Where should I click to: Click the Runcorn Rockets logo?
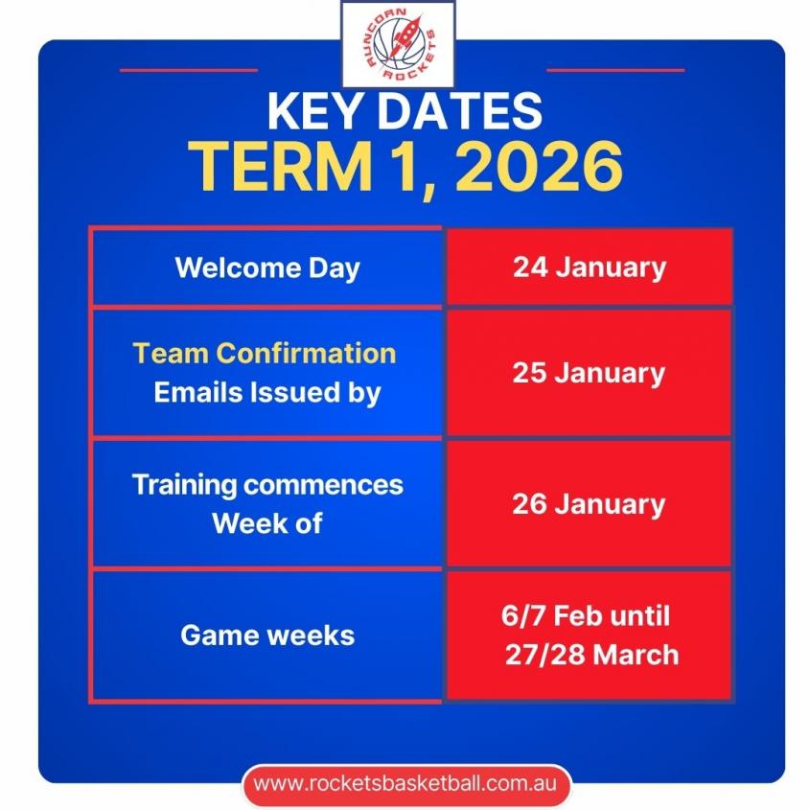tap(398, 44)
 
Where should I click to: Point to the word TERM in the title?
tap(280, 167)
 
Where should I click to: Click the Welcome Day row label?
tap(267, 268)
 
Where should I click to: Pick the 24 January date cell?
tap(590, 267)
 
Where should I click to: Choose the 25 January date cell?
tap(589, 373)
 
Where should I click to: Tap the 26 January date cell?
tap(589, 504)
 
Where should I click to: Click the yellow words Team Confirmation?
tap(265, 354)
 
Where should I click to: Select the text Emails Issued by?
tap(267, 393)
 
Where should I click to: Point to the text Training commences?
tap(267, 485)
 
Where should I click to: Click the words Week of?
tap(267, 523)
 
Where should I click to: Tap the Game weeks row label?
tap(267, 635)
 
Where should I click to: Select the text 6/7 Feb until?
tap(586, 615)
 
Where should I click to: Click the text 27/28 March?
tap(592, 655)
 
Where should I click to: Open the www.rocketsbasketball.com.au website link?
tap(405, 783)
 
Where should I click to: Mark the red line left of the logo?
tap(189, 70)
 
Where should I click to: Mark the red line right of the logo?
tap(615, 70)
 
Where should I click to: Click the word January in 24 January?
tap(612, 268)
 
